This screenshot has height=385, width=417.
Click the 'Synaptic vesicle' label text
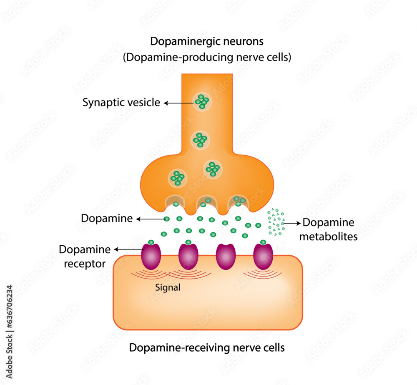[121, 102]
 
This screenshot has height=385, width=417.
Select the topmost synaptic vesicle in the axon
[202, 101]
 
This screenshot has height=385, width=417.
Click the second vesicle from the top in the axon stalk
[201, 140]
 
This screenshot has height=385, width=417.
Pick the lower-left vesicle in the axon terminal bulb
[177, 178]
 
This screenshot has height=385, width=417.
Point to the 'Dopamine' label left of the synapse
[107, 218]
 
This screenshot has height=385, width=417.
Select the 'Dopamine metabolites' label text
[330, 229]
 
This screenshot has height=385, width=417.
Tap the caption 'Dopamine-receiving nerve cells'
[207, 347]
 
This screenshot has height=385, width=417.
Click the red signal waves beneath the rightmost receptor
[263, 273]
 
